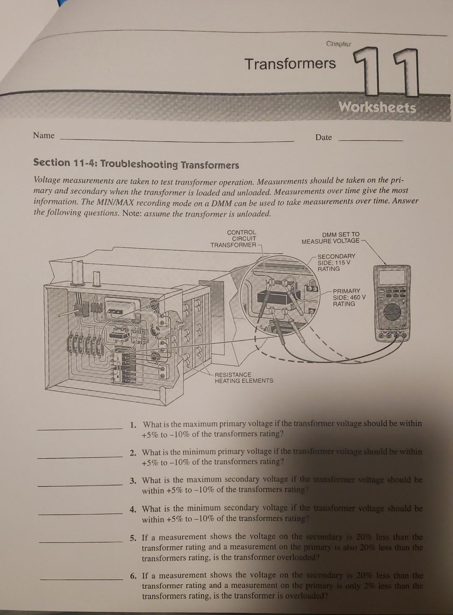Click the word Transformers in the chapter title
click(290, 64)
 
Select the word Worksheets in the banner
click(377, 108)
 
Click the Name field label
click(44, 135)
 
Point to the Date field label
click(323, 137)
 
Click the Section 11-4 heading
click(136, 163)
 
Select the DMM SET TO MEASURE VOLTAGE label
click(331, 238)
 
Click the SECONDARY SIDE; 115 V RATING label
click(336, 262)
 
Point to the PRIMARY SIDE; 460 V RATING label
click(348, 297)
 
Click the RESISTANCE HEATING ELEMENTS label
click(243, 377)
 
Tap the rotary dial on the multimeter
click(393, 311)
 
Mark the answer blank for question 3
click(80, 485)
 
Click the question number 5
click(133, 537)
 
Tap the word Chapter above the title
click(338, 44)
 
